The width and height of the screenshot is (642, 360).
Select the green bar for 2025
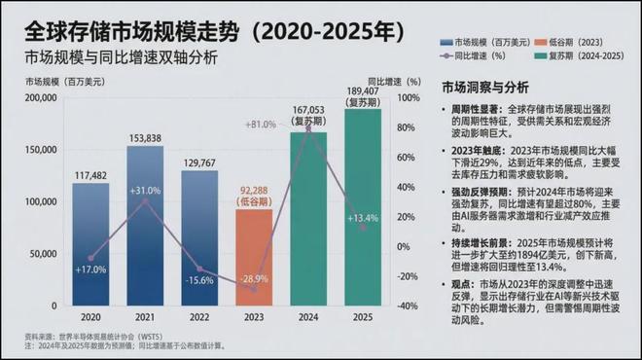(363, 209)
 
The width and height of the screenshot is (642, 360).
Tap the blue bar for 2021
(145, 229)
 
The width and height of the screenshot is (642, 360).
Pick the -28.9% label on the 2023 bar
(254, 278)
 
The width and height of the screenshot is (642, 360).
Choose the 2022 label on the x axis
(199, 316)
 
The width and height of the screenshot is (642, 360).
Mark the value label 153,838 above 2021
(145, 137)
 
